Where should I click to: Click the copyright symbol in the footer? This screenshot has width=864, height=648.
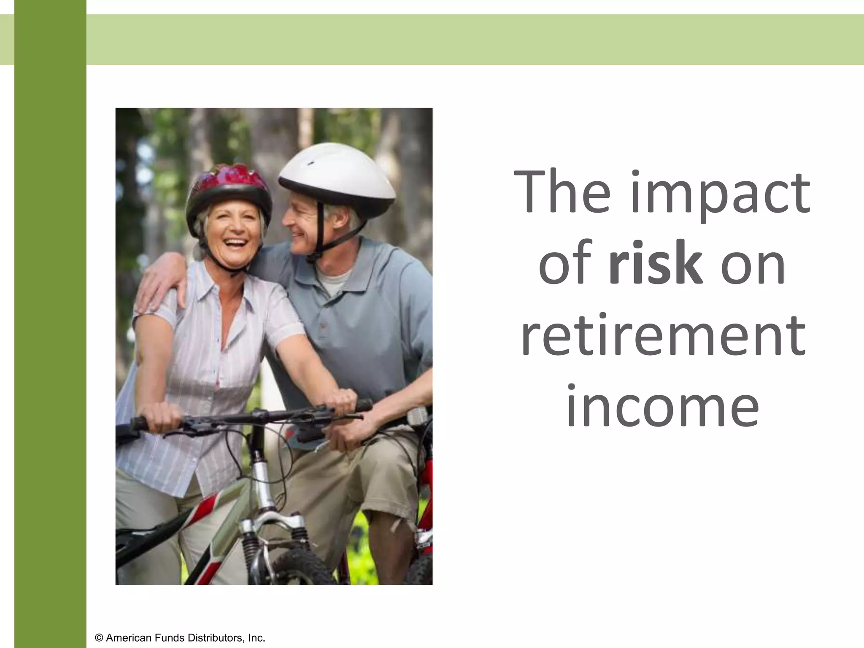99,638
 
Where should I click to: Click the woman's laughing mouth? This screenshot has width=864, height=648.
235,244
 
